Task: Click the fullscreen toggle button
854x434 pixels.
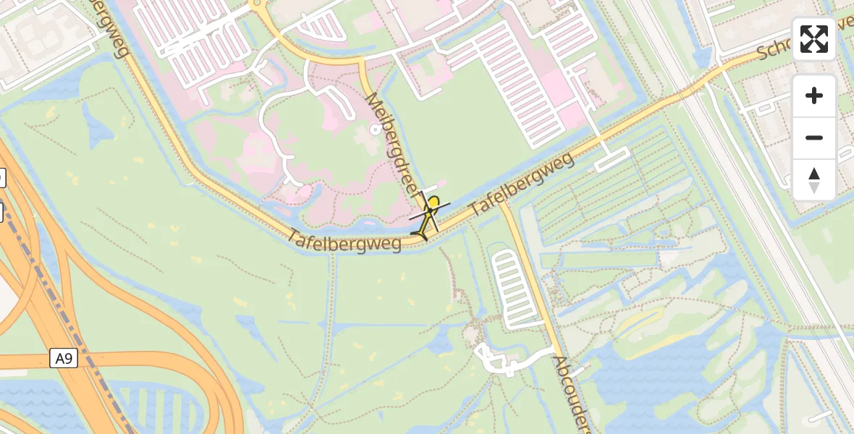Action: click(x=814, y=39)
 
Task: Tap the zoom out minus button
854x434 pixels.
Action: click(x=814, y=137)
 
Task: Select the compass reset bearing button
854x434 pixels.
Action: click(x=814, y=179)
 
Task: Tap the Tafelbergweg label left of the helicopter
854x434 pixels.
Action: click(x=344, y=240)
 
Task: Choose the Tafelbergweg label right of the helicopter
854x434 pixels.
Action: click(x=523, y=184)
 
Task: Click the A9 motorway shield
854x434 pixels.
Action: click(x=64, y=358)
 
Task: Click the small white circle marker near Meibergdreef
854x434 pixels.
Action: click(x=375, y=129)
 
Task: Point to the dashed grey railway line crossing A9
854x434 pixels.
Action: click(x=51, y=289)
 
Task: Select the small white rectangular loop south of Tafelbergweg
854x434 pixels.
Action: click(x=612, y=159)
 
